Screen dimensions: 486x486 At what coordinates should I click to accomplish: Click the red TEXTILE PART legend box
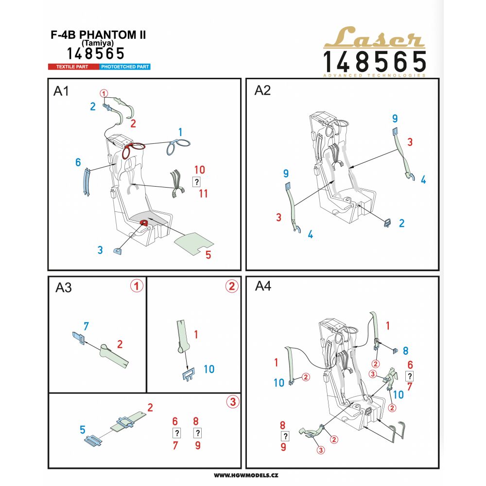[x=73, y=67]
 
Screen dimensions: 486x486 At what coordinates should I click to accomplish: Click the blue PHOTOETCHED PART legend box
[x=125, y=67]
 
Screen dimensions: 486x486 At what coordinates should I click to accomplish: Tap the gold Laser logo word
[x=374, y=37]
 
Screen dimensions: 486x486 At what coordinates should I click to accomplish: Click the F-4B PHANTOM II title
[x=98, y=35]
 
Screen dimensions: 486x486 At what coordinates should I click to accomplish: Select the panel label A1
[x=61, y=91]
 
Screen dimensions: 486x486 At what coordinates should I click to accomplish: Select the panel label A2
[x=262, y=90]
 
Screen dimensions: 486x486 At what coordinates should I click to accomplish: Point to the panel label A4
[x=263, y=286]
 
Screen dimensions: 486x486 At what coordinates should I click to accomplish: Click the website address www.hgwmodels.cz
[x=246, y=475]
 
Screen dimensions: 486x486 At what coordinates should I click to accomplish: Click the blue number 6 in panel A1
[x=78, y=162]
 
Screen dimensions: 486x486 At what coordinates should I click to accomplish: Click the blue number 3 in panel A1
[x=100, y=250]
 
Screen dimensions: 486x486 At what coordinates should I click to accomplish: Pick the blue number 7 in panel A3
[x=86, y=326]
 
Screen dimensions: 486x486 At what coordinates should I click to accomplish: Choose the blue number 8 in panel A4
[x=405, y=351]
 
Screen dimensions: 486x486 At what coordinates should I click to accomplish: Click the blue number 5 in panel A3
[x=83, y=430]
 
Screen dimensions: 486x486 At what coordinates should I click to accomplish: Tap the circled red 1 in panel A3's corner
[x=137, y=285]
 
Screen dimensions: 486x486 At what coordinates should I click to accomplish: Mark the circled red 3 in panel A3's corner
[x=233, y=402]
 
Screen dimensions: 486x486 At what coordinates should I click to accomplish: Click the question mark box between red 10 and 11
[x=196, y=182]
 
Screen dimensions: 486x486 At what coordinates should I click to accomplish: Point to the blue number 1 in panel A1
[x=180, y=132]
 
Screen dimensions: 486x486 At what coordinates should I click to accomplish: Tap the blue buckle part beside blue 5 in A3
[x=94, y=440]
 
